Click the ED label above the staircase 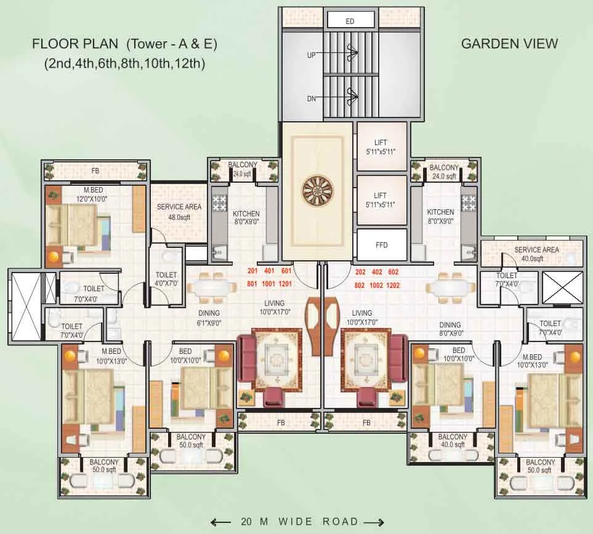[350, 21]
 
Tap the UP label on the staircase [311, 55]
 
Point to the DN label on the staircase [311, 98]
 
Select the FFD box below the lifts [381, 244]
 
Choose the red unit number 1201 [284, 284]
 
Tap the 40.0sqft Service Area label [536, 254]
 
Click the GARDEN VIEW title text [509, 43]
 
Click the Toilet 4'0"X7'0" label [166, 279]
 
